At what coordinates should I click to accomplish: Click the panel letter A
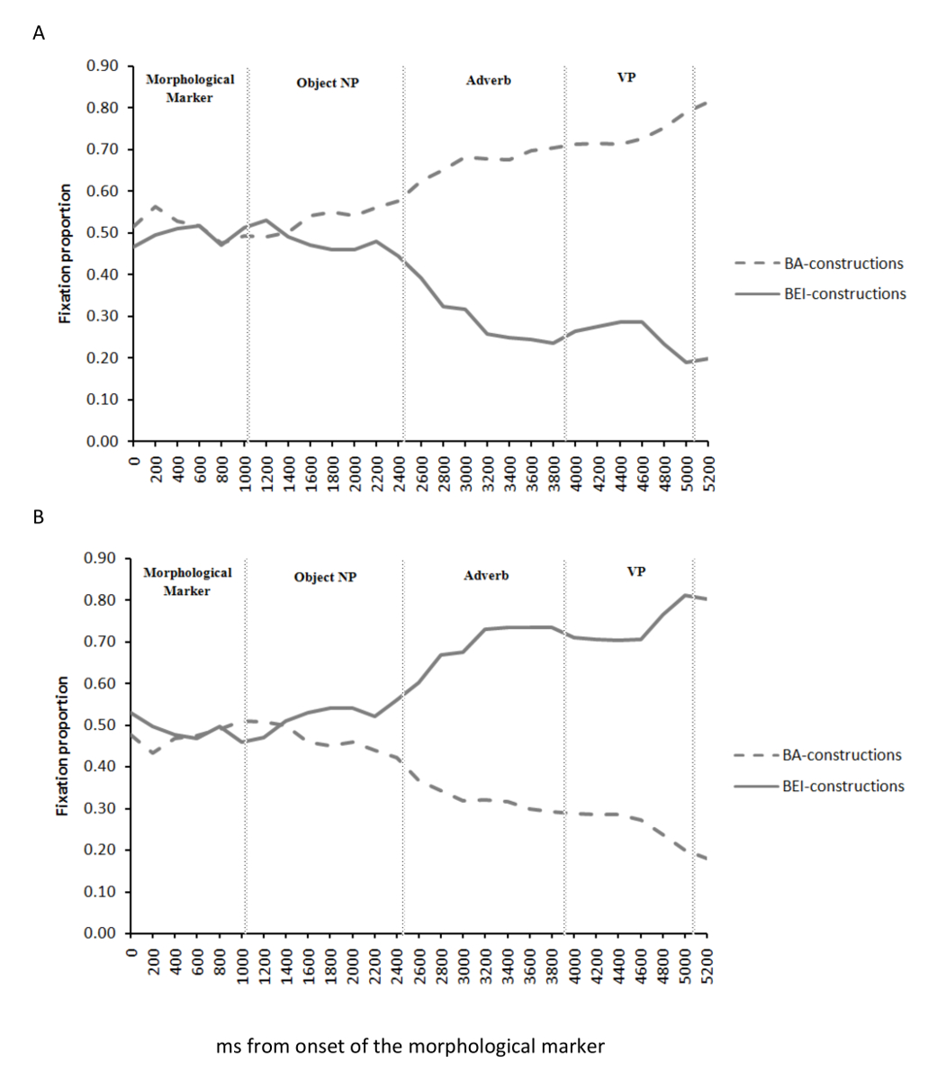38,33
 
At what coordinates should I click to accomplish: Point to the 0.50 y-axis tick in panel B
102,725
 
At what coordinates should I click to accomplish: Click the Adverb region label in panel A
489,80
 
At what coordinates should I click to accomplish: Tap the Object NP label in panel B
325,577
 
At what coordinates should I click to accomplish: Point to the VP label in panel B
635,571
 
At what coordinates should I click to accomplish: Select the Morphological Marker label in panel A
190,88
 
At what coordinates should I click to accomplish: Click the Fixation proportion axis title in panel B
63,746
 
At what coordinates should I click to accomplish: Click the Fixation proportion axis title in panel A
65,254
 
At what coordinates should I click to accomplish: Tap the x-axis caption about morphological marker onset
410,1047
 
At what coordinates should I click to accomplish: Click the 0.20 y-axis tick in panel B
102,850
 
